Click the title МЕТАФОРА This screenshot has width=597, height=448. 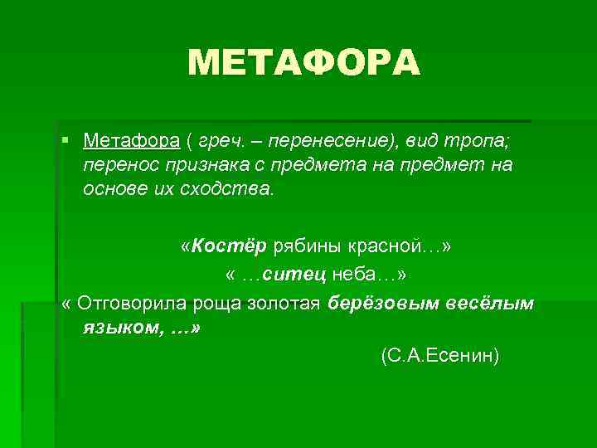point(304,62)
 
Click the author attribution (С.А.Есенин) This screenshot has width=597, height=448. point(439,356)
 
